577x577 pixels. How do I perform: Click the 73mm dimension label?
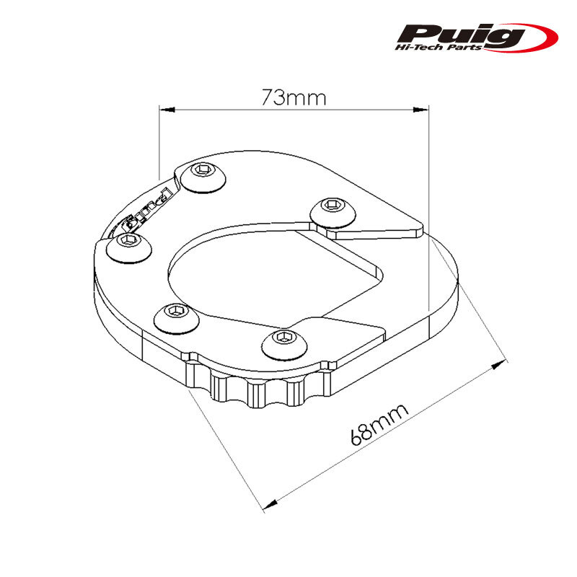[294, 97]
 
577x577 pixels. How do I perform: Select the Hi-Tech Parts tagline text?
[439, 47]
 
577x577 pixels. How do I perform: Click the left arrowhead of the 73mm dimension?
[167, 110]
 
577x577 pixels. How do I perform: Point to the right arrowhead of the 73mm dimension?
[421, 110]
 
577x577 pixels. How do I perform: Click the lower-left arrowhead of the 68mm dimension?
[270, 503]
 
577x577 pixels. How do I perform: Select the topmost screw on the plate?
[203, 177]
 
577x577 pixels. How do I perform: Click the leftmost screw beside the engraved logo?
[129, 248]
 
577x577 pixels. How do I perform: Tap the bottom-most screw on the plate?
[284, 345]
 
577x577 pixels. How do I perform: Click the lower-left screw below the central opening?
[176, 318]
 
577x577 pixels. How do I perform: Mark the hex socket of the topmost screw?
[203, 169]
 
